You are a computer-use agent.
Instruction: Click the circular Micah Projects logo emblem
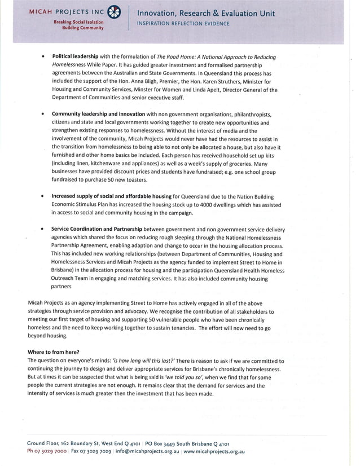coord(113,12)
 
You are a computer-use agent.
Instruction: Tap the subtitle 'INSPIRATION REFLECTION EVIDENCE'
coord(183,24)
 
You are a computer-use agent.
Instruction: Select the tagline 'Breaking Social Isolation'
coord(78,21)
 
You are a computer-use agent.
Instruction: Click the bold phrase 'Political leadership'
coord(76,57)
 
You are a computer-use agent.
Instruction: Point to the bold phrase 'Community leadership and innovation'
coord(98,114)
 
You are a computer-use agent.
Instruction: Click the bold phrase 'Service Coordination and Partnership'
coord(96,230)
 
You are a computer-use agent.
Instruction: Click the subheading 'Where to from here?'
coord(54,352)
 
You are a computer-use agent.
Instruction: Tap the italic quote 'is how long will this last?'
coord(144,361)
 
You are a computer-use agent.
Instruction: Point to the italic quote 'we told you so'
coord(177,377)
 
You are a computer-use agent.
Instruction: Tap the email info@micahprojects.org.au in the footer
coord(148,451)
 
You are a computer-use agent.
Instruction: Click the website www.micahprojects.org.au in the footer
coord(214,451)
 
